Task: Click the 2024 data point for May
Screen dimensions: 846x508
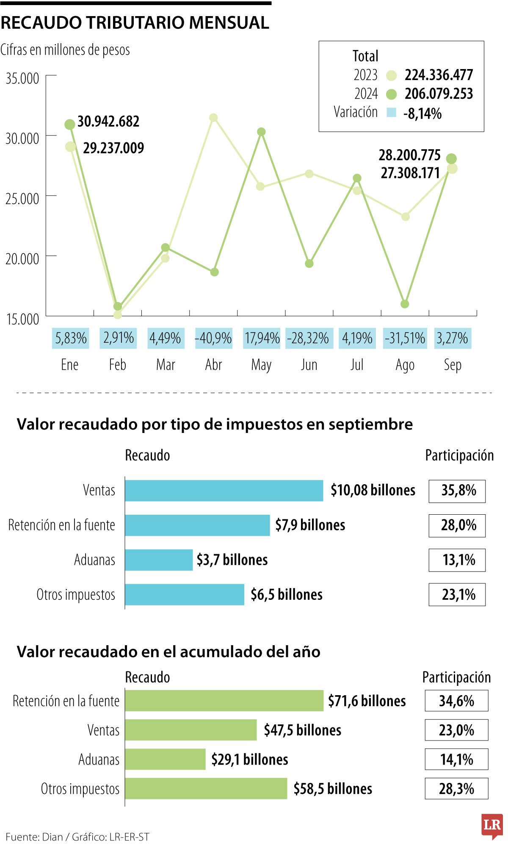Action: [x=261, y=132]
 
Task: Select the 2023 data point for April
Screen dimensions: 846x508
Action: [x=213, y=117]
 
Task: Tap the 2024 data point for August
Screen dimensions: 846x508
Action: [x=405, y=304]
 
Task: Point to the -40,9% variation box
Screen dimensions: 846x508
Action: [x=213, y=338]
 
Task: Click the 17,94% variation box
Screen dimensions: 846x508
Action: [x=262, y=338]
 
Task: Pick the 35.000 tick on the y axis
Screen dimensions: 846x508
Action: [x=22, y=78]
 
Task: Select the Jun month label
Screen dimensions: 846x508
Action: [x=309, y=365]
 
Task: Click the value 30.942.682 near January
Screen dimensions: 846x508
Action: [x=108, y=122]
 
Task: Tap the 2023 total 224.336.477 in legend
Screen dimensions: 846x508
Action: [x=439, y=75]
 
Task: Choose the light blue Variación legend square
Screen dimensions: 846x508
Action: [x=391, y=113]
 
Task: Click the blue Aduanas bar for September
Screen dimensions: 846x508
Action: [x=159, y=560]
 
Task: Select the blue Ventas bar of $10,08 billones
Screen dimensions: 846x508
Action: [x=224, y=491]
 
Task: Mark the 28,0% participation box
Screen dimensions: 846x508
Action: [x=457, y=525]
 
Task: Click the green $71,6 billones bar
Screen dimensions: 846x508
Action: [x=224, y=701]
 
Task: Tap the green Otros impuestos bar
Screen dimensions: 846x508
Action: [x=206, y=788]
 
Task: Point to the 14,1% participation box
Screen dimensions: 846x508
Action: [x=456, y=759]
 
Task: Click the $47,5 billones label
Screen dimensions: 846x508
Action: [x=302, y=730]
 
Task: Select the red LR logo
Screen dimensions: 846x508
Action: [x=491, y=825]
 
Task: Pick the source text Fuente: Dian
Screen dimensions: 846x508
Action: [x=34, y=837]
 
